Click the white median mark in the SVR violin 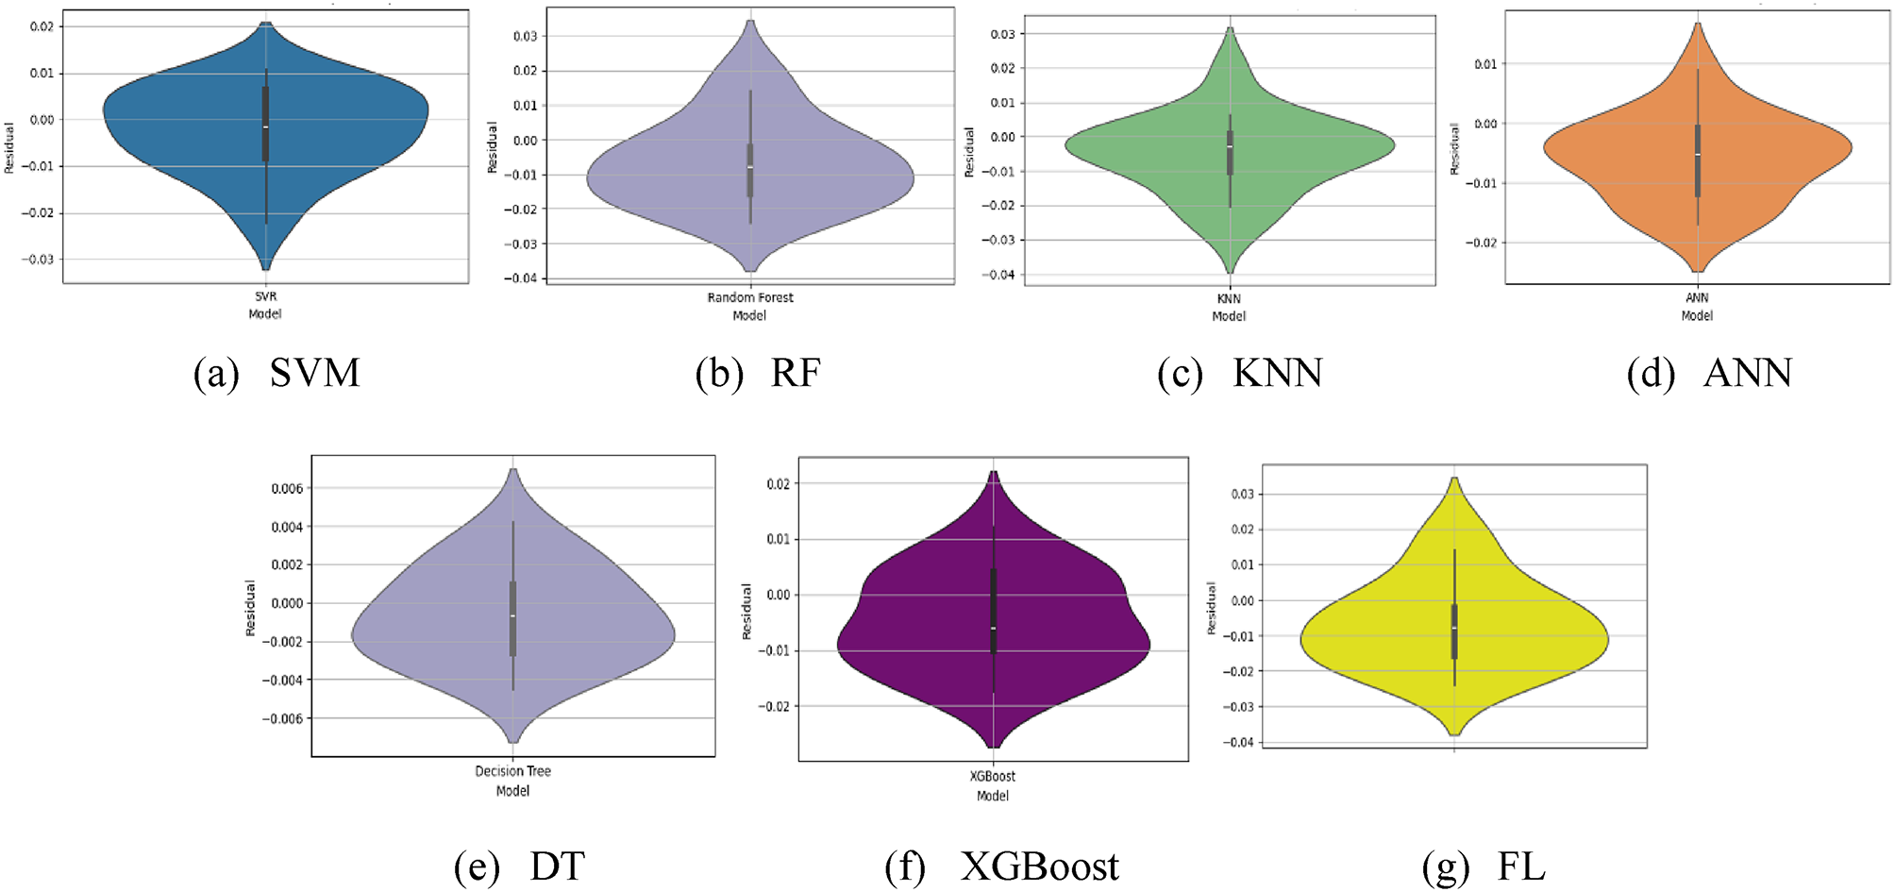(x=265, y=126)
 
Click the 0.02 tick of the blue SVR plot (x=42, y=26)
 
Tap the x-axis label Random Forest (x=750, y=297)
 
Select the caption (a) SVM (x=277, y=373)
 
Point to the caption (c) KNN (x=1239, y=373)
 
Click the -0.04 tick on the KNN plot (x=1001, y=275)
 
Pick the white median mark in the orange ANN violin (x=1697, y=155)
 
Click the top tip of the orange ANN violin (x=1697, y=24)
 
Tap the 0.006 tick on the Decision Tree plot (x=287, y=488)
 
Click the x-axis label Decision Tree (x=512, y=771)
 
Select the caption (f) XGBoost (x=1001, y=867)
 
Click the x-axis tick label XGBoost (x=993, y=776)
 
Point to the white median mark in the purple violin (x=993, y=628)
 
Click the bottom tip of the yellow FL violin (x=1454, y=734)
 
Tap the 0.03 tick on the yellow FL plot (x=1242, y=494)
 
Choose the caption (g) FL (x=1484, y=867)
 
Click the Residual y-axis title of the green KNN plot (x=969, y=152)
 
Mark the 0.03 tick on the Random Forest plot (x=525, y=36)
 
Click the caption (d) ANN (x=1709, y=373)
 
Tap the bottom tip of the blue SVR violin (x=265, y=269)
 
